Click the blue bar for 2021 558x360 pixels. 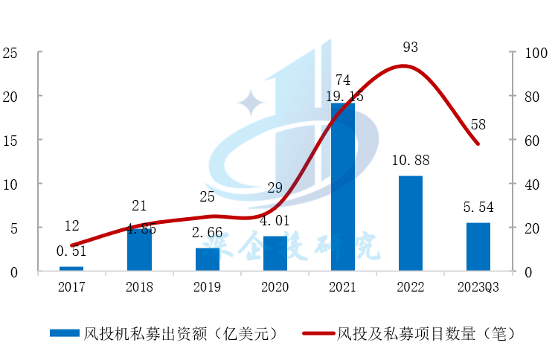point(342,186)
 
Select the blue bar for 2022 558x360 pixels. point(411,223)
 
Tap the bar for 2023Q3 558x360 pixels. point(478,246)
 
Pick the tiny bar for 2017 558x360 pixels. point(71,268)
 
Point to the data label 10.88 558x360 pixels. point(410,161)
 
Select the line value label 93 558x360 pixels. point(410,48)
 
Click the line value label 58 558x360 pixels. point(478,125)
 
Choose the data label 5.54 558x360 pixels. point(478,208)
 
